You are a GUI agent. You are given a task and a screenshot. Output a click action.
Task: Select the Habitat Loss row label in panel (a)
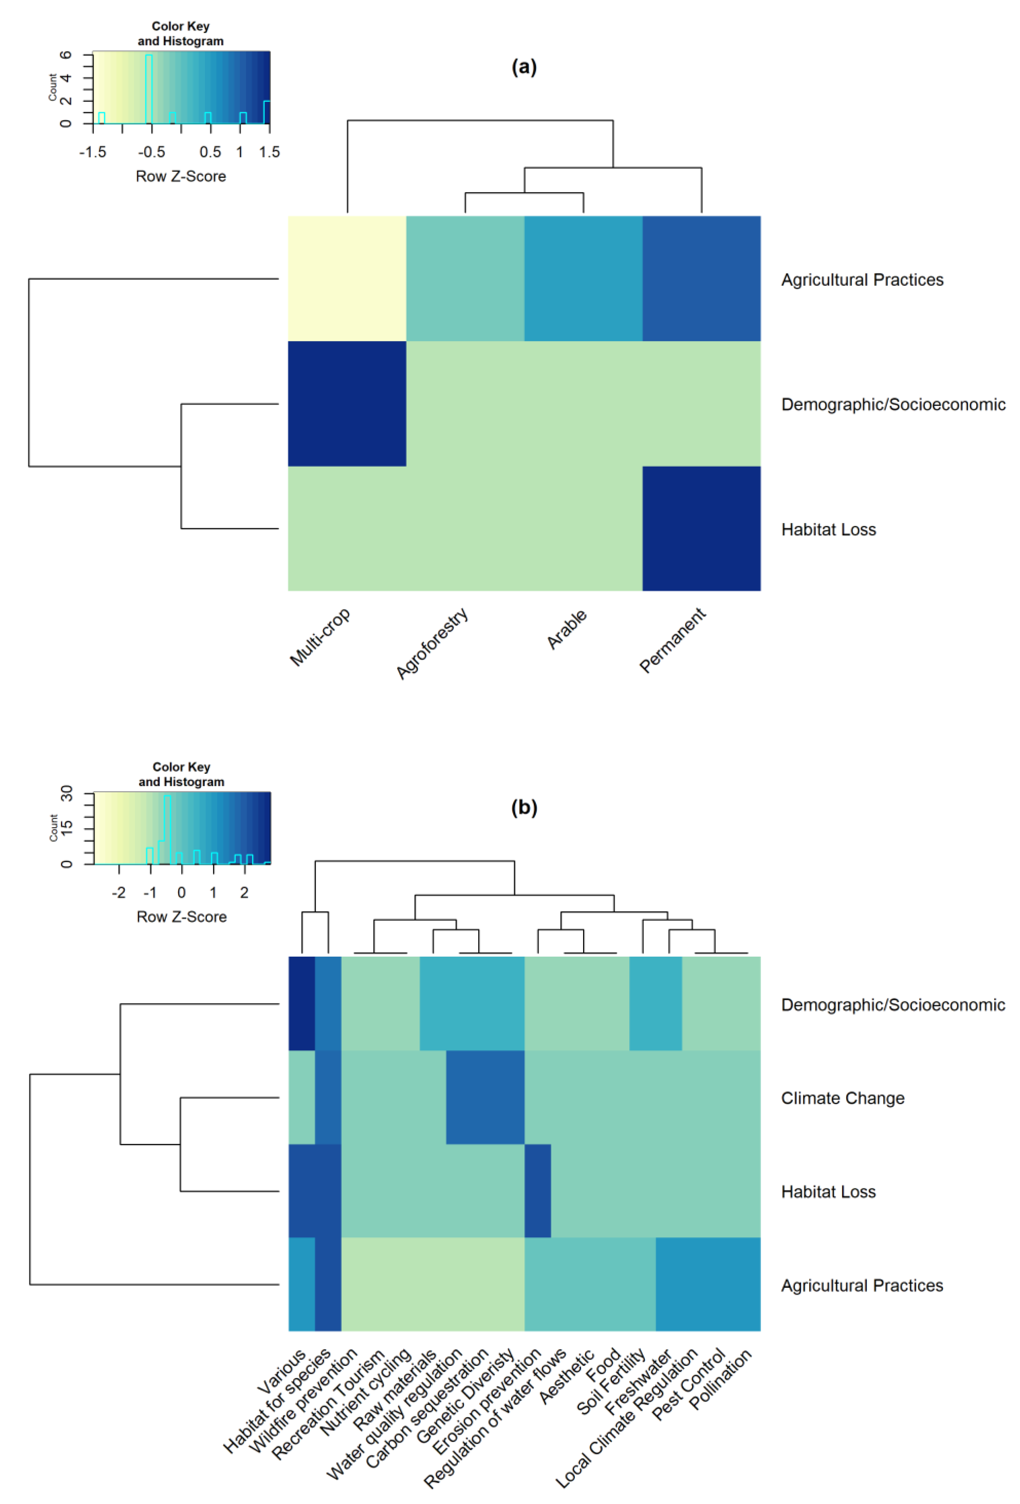pos(828,530)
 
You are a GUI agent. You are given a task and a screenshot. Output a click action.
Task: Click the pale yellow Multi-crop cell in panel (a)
pos(347,278)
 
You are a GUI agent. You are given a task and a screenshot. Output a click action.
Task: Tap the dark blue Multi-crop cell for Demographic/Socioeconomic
pos(347,403)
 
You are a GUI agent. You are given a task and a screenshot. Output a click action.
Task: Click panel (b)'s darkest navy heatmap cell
pos(302,1003)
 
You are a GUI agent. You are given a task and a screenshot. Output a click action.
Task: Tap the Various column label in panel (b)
pos(281,1371)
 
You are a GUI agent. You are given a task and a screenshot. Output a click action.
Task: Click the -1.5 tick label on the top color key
pos(92,152)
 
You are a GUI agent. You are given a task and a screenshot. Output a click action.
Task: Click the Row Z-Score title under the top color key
pos(180,176)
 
